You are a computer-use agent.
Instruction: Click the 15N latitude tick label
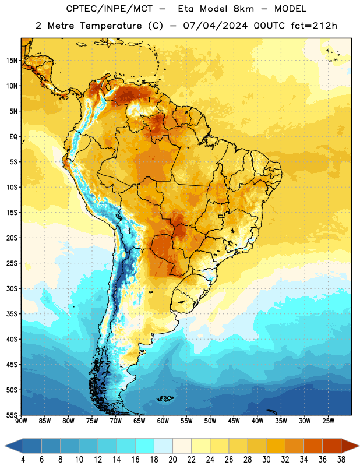(x=12, y=61)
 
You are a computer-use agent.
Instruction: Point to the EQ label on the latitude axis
(x=13, y=137)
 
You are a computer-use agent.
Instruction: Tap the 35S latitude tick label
(x=12, y=314)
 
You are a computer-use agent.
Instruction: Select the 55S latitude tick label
(x=12, y=415)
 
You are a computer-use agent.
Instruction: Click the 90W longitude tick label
(x=21, y=421)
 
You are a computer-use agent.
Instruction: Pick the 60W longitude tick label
(x=163, y=421)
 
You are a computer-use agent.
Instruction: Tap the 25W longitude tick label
(x=328, y=421)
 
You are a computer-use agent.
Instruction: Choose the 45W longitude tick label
(x=234, y=421)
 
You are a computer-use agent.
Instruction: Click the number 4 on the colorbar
(x=23, y=460)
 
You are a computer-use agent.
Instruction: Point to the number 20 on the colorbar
(x=172, y=460)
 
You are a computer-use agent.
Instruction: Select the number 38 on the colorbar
(x=341, y=460)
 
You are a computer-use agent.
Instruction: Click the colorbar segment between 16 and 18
(x=145, y=446)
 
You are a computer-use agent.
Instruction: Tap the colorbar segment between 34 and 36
(x=313, y=446)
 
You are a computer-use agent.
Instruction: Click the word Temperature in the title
(x=111, y=26)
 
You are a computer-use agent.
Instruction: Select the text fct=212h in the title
(x=314, y=26)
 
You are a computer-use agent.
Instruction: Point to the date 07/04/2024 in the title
(x=215, y=26)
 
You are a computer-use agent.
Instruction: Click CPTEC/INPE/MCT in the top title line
(x=109, y=9)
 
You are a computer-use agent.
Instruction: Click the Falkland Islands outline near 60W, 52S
(x=165, y=398)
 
